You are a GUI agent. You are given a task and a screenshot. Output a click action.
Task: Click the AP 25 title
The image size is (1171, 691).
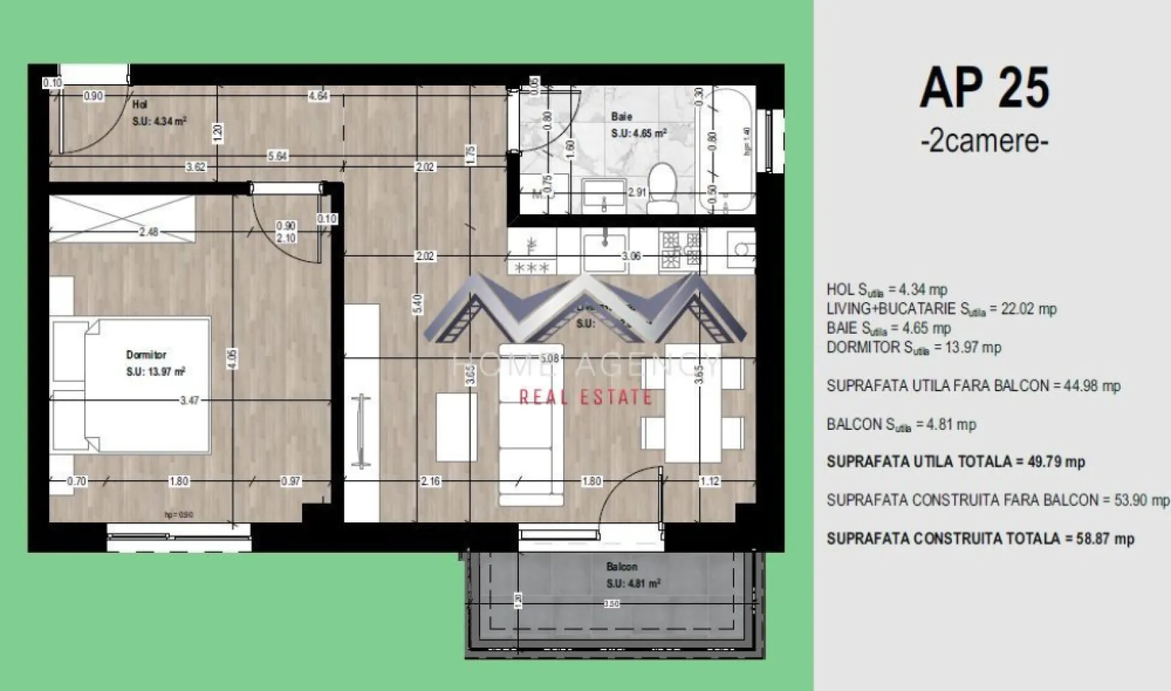point(984,88)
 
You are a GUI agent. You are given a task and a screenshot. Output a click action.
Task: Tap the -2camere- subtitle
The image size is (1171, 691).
point(984,141)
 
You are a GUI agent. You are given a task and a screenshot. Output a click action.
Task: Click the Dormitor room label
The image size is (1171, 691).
point(146,354)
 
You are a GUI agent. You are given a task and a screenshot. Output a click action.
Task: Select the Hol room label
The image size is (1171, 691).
point(140,105)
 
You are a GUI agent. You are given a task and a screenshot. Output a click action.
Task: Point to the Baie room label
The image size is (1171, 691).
point(621,117)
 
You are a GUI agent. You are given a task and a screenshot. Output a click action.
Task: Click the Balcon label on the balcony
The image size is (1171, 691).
point(622,567)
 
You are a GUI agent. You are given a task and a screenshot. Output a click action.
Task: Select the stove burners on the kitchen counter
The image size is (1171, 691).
point(681,250)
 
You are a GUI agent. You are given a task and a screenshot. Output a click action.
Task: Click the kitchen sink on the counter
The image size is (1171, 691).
point(604,252)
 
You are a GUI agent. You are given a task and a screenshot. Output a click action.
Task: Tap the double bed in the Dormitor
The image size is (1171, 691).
point(131,385)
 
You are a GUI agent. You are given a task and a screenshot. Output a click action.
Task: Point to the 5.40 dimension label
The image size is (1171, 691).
point(416,303)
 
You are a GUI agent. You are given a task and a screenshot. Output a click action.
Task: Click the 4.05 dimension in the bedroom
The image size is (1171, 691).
point(232,359)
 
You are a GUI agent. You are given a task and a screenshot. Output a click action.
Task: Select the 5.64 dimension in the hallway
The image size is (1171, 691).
point(277,156)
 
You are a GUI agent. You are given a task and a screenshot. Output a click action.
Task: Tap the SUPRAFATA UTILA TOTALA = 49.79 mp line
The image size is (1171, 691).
point(955,462)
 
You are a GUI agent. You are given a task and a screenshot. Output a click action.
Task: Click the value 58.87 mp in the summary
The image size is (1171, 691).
point(1105,539)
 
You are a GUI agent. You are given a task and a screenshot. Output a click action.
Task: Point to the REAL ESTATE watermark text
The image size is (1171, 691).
point(586,397)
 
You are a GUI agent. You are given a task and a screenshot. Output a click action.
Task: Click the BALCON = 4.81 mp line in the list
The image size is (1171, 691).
point(901,425)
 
